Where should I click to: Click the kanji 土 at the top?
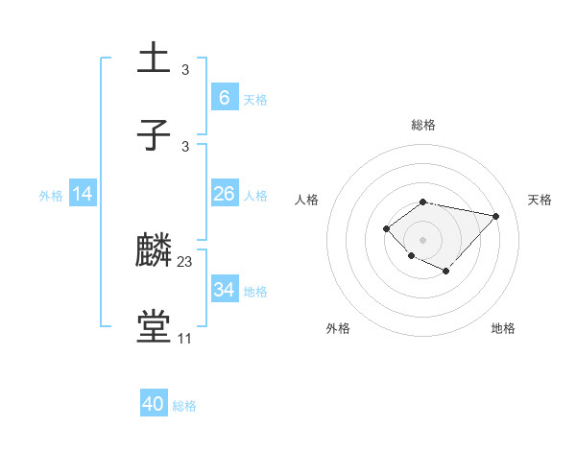point(154,59)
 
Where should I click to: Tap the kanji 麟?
point(154,250)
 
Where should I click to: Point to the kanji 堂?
point(154,327)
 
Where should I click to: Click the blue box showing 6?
point(224,98)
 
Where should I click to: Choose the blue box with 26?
point(224,194)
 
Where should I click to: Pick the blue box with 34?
point(224,290)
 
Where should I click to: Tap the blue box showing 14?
point(83,194)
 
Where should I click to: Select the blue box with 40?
point(154,404)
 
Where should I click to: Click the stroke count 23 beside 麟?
point(185,261)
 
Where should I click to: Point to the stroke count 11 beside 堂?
point(185,339)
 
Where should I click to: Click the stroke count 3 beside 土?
point(185,69)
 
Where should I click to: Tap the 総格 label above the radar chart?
point(422,125)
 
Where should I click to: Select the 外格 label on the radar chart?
point(338,328)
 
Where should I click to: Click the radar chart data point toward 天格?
point(496,216)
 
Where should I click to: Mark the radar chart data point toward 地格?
point(446,273)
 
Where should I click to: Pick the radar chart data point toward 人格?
point(386,227)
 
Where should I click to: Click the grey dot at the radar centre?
point(422,239)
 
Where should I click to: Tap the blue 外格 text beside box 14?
point(51,195)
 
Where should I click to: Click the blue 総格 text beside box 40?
point(184,406)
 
